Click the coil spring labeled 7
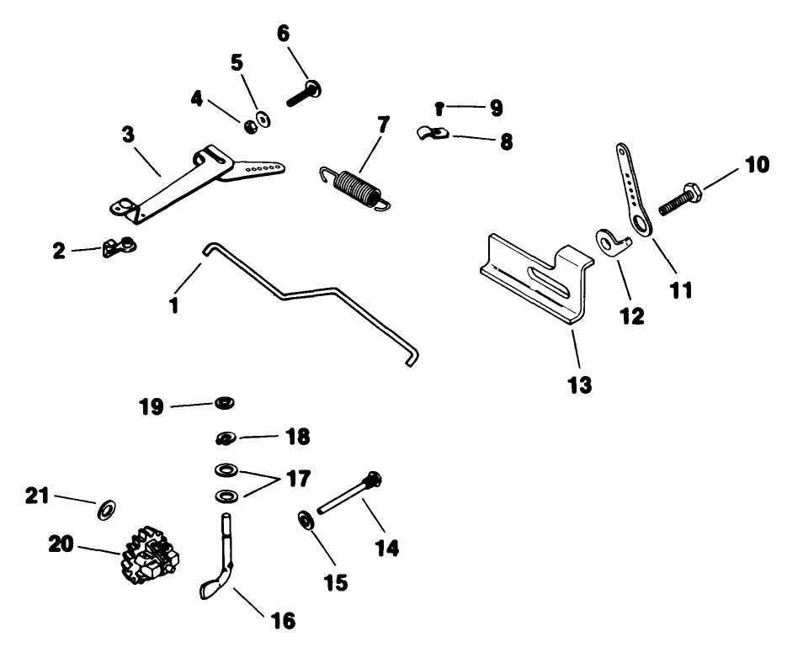pyautogui.click(x=355, y=185)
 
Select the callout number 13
pyautogui.click(x=580, y=385)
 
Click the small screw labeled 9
pyautogui.click(x=440, y=107)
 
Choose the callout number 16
pyautogui.click(x=283, y=621)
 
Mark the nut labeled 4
pyautogui.click(x=249, y=126)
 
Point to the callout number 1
pyautogui.click(x=173, y=303)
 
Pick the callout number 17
pyautogui.click(x=297, y=480)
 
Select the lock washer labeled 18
pyautogui.click(x=225, y=438)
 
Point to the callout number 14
pyautogui.click(x=387, y=549)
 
